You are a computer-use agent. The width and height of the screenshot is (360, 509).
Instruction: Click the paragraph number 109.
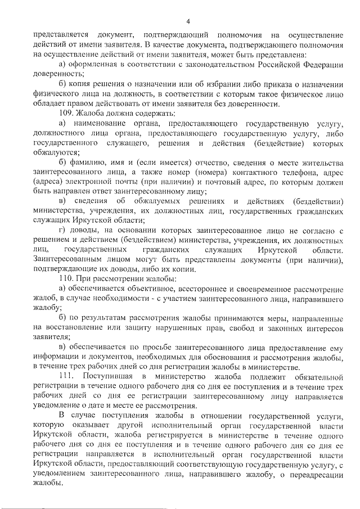[68, 113]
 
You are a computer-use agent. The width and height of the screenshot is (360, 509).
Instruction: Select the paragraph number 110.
[68, 277]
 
